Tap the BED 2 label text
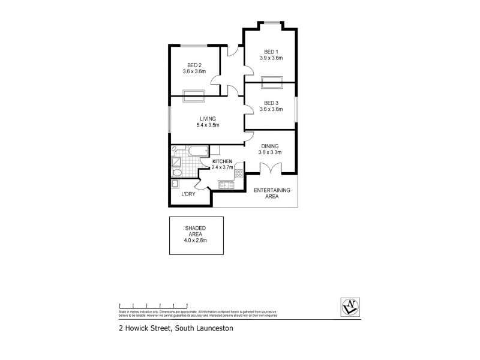click(194, 65)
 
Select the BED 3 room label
click(269, 103)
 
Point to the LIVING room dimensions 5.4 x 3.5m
click(208, 125)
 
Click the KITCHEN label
click(222, 161)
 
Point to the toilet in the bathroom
click(177, 173)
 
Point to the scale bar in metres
click(153, 307)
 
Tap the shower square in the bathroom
click(178, 161)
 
